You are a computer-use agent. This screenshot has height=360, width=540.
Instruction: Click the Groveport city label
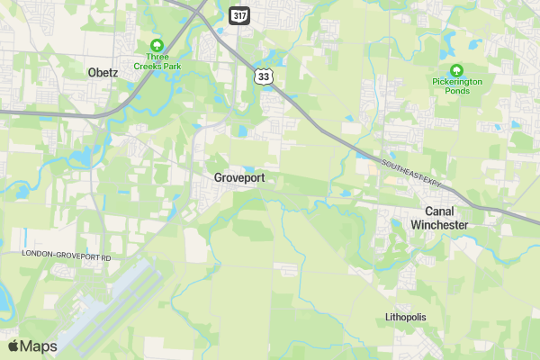pyautogui.click(x=239, y=178)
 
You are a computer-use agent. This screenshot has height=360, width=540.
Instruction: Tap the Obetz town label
pyautogui.click(x=103, y=73)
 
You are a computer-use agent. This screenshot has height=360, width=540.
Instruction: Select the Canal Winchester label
pyautogui.click(x=439, y=218)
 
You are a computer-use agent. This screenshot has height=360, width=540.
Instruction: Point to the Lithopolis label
pyautogui.click(x=405, y=318)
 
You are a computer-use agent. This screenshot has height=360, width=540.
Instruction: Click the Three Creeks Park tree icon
pyautogui.click(x=157, y=45)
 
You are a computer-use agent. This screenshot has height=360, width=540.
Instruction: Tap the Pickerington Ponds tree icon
pyautogui.click(x=455, y=69)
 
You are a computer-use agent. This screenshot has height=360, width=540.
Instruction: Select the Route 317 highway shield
pyautogui.click(x=238, y=16)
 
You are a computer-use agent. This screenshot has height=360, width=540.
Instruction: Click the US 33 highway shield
pyautogui.click(x=263, y=77)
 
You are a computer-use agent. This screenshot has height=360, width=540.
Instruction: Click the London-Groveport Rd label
pyautogui.click(x=67, y=258)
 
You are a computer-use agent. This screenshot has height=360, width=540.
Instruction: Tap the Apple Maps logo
pyautogui.click(x=32, y=346)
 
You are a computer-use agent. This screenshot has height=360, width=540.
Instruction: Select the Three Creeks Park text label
pyautogui.click(x=157, y=61)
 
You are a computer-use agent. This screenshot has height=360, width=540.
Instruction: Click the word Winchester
pyautogui.click(x=439, y=224)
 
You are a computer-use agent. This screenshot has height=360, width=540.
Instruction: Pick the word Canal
pyautogui.click(x=439, y=211)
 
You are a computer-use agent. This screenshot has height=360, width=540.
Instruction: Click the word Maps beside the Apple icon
pyautogui.click(x=39, y=346)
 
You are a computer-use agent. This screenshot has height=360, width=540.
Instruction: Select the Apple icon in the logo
pyautogui.click(x=13, y=346)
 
